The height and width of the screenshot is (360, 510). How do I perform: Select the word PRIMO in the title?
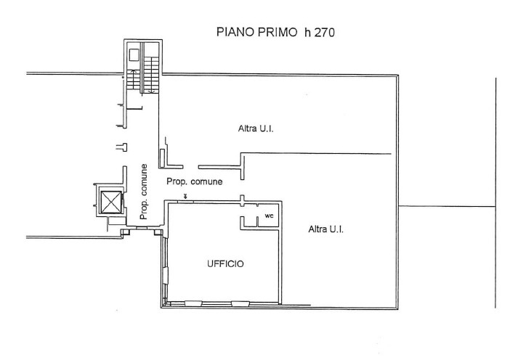click(x=278, y=32)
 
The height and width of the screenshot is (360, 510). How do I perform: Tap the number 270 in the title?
click(x=324, y=33)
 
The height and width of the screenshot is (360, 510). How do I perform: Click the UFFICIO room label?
click(x=225, y=263)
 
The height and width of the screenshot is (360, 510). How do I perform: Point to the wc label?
click(x=269, y=216)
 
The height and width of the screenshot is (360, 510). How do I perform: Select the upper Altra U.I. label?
click(x=256, y=128)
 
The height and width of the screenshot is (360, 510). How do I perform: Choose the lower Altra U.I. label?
click(x=326, y=229)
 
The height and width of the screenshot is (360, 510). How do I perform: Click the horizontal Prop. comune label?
click(x=195, y=181)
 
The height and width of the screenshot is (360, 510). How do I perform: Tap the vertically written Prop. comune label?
click(x=143, y=192)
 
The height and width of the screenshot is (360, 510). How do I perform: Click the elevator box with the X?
click(x=111, y=202)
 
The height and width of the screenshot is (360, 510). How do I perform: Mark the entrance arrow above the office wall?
click(x=185, y=196)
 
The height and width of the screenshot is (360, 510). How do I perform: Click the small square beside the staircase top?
click(x=134, y=55)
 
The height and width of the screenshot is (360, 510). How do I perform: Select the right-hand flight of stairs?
click(x=151, y=75)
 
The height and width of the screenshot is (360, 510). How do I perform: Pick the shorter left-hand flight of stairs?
click(x=133, y=80)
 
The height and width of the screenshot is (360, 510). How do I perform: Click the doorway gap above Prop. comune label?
click(x=191, y=167)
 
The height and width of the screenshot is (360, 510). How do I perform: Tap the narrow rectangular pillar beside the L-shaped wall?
click(x=162, y=158)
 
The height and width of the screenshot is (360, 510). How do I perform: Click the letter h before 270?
click(x=307, y=32)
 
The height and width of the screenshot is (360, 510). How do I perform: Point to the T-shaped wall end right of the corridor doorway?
click(x=242, y=168)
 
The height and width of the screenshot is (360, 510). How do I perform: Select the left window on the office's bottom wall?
click(x=193, y=303)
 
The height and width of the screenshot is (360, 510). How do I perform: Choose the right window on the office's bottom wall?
click(x=240, y=303)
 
